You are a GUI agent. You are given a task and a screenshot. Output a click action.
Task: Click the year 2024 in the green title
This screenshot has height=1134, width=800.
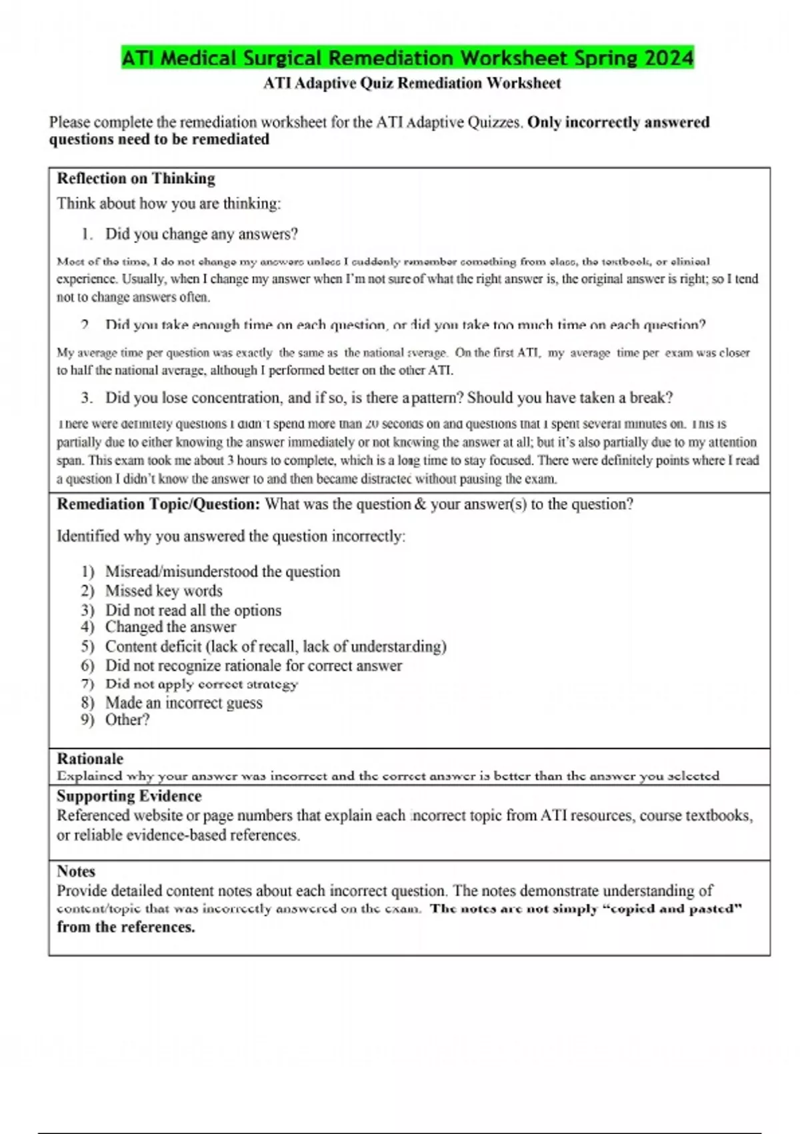669,58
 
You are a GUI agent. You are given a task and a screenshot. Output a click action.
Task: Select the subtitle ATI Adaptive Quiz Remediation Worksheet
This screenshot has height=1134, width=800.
412,83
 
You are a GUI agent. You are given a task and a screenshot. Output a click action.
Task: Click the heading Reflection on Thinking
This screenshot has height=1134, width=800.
136,179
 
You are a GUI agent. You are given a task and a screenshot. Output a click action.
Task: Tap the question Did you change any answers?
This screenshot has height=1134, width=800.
201,234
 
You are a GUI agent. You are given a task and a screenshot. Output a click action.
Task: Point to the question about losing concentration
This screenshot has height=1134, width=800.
389,398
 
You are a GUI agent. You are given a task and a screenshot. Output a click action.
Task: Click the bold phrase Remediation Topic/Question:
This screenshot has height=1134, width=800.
158,504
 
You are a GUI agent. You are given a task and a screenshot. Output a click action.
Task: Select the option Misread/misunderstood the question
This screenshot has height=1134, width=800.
222,572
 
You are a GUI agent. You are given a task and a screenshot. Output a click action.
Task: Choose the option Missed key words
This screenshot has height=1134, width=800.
163,591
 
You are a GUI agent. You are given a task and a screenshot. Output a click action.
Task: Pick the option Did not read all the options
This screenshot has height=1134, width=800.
193,610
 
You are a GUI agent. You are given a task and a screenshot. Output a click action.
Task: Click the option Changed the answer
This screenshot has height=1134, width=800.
170,627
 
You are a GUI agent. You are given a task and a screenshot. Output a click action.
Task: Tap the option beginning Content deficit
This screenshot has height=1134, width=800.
275,646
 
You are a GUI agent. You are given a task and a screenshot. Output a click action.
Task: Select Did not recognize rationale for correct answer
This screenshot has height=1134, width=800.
253,666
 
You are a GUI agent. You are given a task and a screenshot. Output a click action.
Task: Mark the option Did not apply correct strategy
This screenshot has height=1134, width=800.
201,684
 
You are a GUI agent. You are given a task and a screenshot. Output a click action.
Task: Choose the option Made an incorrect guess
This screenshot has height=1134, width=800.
183,703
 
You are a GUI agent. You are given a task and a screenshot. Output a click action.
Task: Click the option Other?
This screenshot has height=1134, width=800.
127,720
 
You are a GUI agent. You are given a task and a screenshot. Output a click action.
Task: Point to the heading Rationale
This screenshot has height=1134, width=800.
90,759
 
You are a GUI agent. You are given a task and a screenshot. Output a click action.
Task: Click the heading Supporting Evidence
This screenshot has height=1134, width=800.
129,796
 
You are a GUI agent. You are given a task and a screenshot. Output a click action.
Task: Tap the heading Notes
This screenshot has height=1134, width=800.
76,871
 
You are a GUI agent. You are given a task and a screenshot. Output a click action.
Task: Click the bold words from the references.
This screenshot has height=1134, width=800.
125,927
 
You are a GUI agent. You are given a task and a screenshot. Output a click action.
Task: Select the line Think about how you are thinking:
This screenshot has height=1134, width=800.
169,203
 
